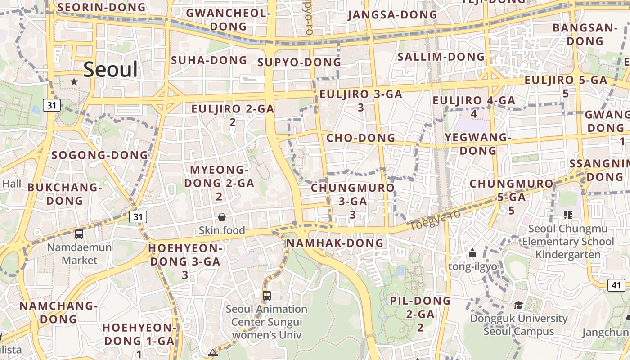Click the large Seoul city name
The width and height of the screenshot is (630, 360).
111,70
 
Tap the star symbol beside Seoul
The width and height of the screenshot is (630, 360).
74,82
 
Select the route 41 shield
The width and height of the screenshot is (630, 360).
616,285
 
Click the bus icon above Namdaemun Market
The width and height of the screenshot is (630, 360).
79,234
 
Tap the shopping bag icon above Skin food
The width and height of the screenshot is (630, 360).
222,217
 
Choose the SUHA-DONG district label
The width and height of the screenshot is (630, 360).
209,60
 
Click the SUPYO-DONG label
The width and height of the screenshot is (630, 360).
299,62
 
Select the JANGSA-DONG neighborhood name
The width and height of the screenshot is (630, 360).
392,15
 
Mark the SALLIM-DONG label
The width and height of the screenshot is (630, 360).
441,57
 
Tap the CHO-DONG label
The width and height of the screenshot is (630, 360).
360,138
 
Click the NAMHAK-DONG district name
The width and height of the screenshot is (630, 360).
335,243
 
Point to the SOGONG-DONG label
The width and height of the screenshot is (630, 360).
99,155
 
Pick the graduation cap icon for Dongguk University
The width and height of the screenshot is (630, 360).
518,306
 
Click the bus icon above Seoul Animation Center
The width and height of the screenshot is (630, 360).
267,296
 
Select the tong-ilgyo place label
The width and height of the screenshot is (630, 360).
472,266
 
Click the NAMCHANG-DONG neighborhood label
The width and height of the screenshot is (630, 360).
58,312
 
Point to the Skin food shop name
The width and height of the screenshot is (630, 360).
222,230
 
